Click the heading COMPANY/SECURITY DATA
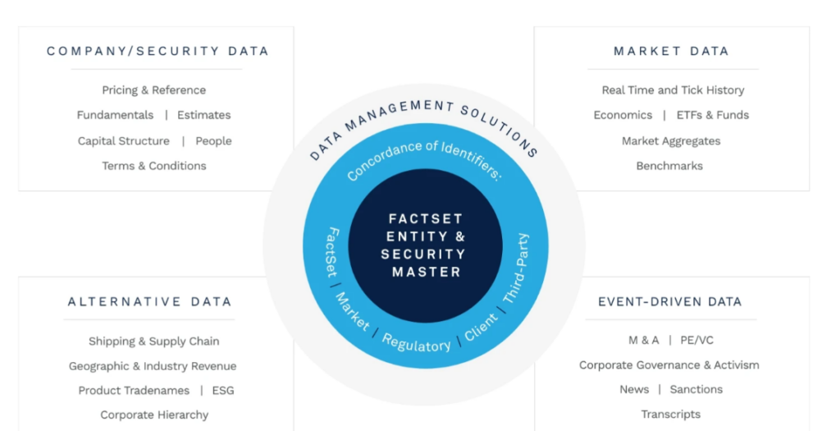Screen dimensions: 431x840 (x=157, y=51)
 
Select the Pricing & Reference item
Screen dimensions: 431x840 (x=154, y=90)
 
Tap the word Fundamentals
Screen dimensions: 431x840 (x=115, y=115)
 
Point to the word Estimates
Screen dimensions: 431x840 (x=204, y=115)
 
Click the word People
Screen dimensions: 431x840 (x=213, y=141)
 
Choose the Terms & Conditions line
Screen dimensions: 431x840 (x=154, y=166)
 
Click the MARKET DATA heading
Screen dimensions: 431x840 (x=671, y=51)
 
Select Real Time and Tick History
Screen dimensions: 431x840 (x=673, y=90)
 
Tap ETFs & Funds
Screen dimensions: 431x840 (x=713, y=115)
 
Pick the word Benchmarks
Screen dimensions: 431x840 (x=669, y=166)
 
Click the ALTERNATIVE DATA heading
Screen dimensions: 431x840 (x=149, y=302)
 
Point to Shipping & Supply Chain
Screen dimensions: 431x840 (x=154, y=342)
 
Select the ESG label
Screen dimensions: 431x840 (x=223, y=391)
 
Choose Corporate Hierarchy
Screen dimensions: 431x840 (x=154, y=415)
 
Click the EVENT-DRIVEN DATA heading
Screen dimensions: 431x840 (x=669, y=302)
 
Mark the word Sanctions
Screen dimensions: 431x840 (x=696, y=389)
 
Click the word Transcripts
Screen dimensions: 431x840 (x=671, y=415)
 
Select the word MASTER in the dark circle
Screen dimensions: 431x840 (x=426, y=272)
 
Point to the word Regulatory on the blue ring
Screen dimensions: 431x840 (x=417, y=343)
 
